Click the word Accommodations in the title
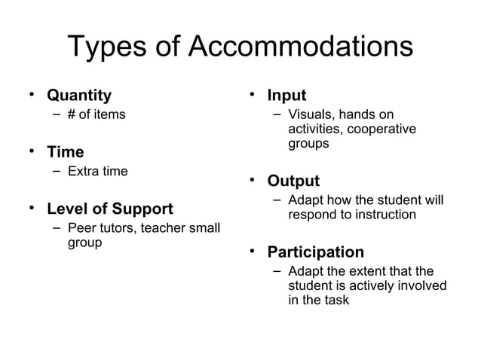click(x=299, y=47)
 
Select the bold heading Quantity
click(x=79, y=96)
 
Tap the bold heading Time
click(x=66, y=152)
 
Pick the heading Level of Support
click(x=110, y=209)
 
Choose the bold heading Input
click(x=286, y=96)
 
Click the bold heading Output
click(x=293, y=181)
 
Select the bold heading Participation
click(x=315, y=252)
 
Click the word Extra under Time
click(x=84, y=172)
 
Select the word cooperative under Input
click(x=381, y=129)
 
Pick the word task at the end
click(x=336, y=300)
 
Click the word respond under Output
click(x=313, y=215)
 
